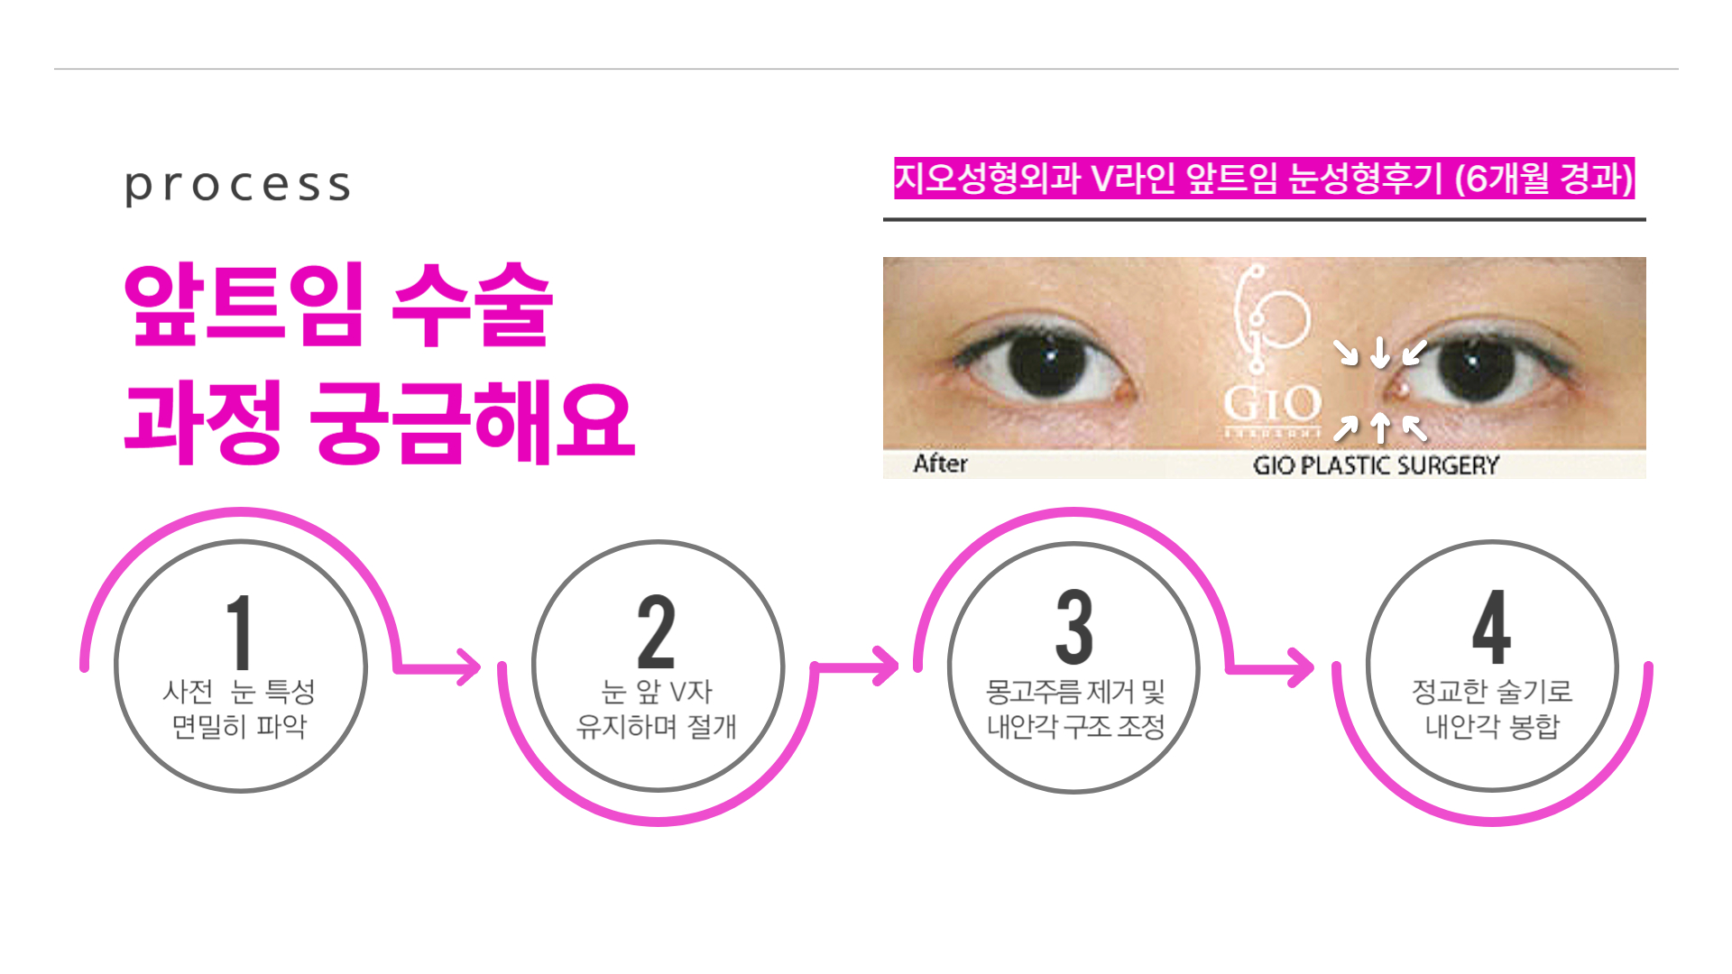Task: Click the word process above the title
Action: [x=237, y=186]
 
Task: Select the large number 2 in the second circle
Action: [x=656, y=632]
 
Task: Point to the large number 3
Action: [x=1073, y=629]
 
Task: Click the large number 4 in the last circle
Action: [x=1491, y=629]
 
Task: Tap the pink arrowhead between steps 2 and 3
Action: [x=886, y=667]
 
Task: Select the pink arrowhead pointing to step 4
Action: [x=1302, y=668]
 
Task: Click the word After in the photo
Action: [x=940, y=464]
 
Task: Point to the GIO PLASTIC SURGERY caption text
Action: [x=1376, y=465]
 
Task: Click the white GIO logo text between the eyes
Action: [x=1272, y=403]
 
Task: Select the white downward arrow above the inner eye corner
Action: [x=1379, y=352]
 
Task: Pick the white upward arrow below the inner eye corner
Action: [x=1379, y=427]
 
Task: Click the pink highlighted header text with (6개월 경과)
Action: [x=1264, y=178]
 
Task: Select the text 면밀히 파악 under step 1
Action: [x=239, y=726]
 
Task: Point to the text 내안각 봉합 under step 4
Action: [x=1491, y=726]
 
